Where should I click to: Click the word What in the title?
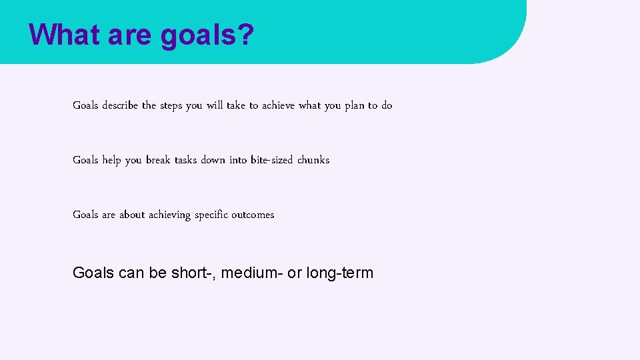pos(64,35)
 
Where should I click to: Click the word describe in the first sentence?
pos(121,105)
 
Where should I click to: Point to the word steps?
pos(171,106)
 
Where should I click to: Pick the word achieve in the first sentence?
pos(279,105)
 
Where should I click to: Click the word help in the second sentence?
pos(112,160)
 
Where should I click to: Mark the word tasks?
pos(185,160)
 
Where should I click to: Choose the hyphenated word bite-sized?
pos(272,160)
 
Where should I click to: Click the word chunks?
pos(313,160)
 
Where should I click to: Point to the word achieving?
pos(169,215)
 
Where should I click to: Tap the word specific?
pos(211,215)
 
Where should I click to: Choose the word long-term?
pos(340,273)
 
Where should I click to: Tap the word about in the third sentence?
pos(132,215)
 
